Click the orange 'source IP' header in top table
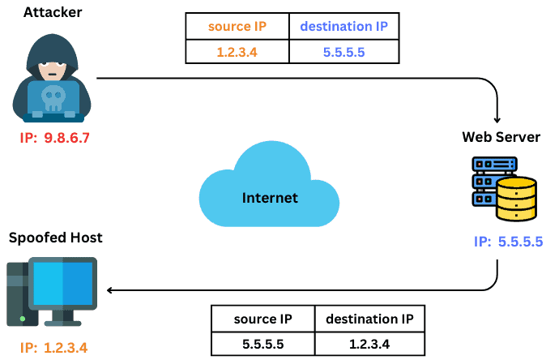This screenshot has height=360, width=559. [x=237, y=26]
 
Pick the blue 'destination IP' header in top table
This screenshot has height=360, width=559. [x=344, y=26]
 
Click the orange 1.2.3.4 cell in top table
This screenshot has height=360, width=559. [x=237, y=52]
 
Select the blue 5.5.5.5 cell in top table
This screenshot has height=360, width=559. [x=344, y=52]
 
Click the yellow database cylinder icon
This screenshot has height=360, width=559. [x=516, y=199]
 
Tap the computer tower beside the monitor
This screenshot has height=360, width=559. [x=18, y=296]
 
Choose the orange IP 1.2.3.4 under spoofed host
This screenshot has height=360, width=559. [x=54, y=347]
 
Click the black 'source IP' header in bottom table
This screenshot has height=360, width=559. [x=262, y=319]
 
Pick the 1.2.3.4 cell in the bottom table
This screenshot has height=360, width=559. [x=369, y=343]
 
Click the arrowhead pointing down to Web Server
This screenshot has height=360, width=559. [x=499, y=116]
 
